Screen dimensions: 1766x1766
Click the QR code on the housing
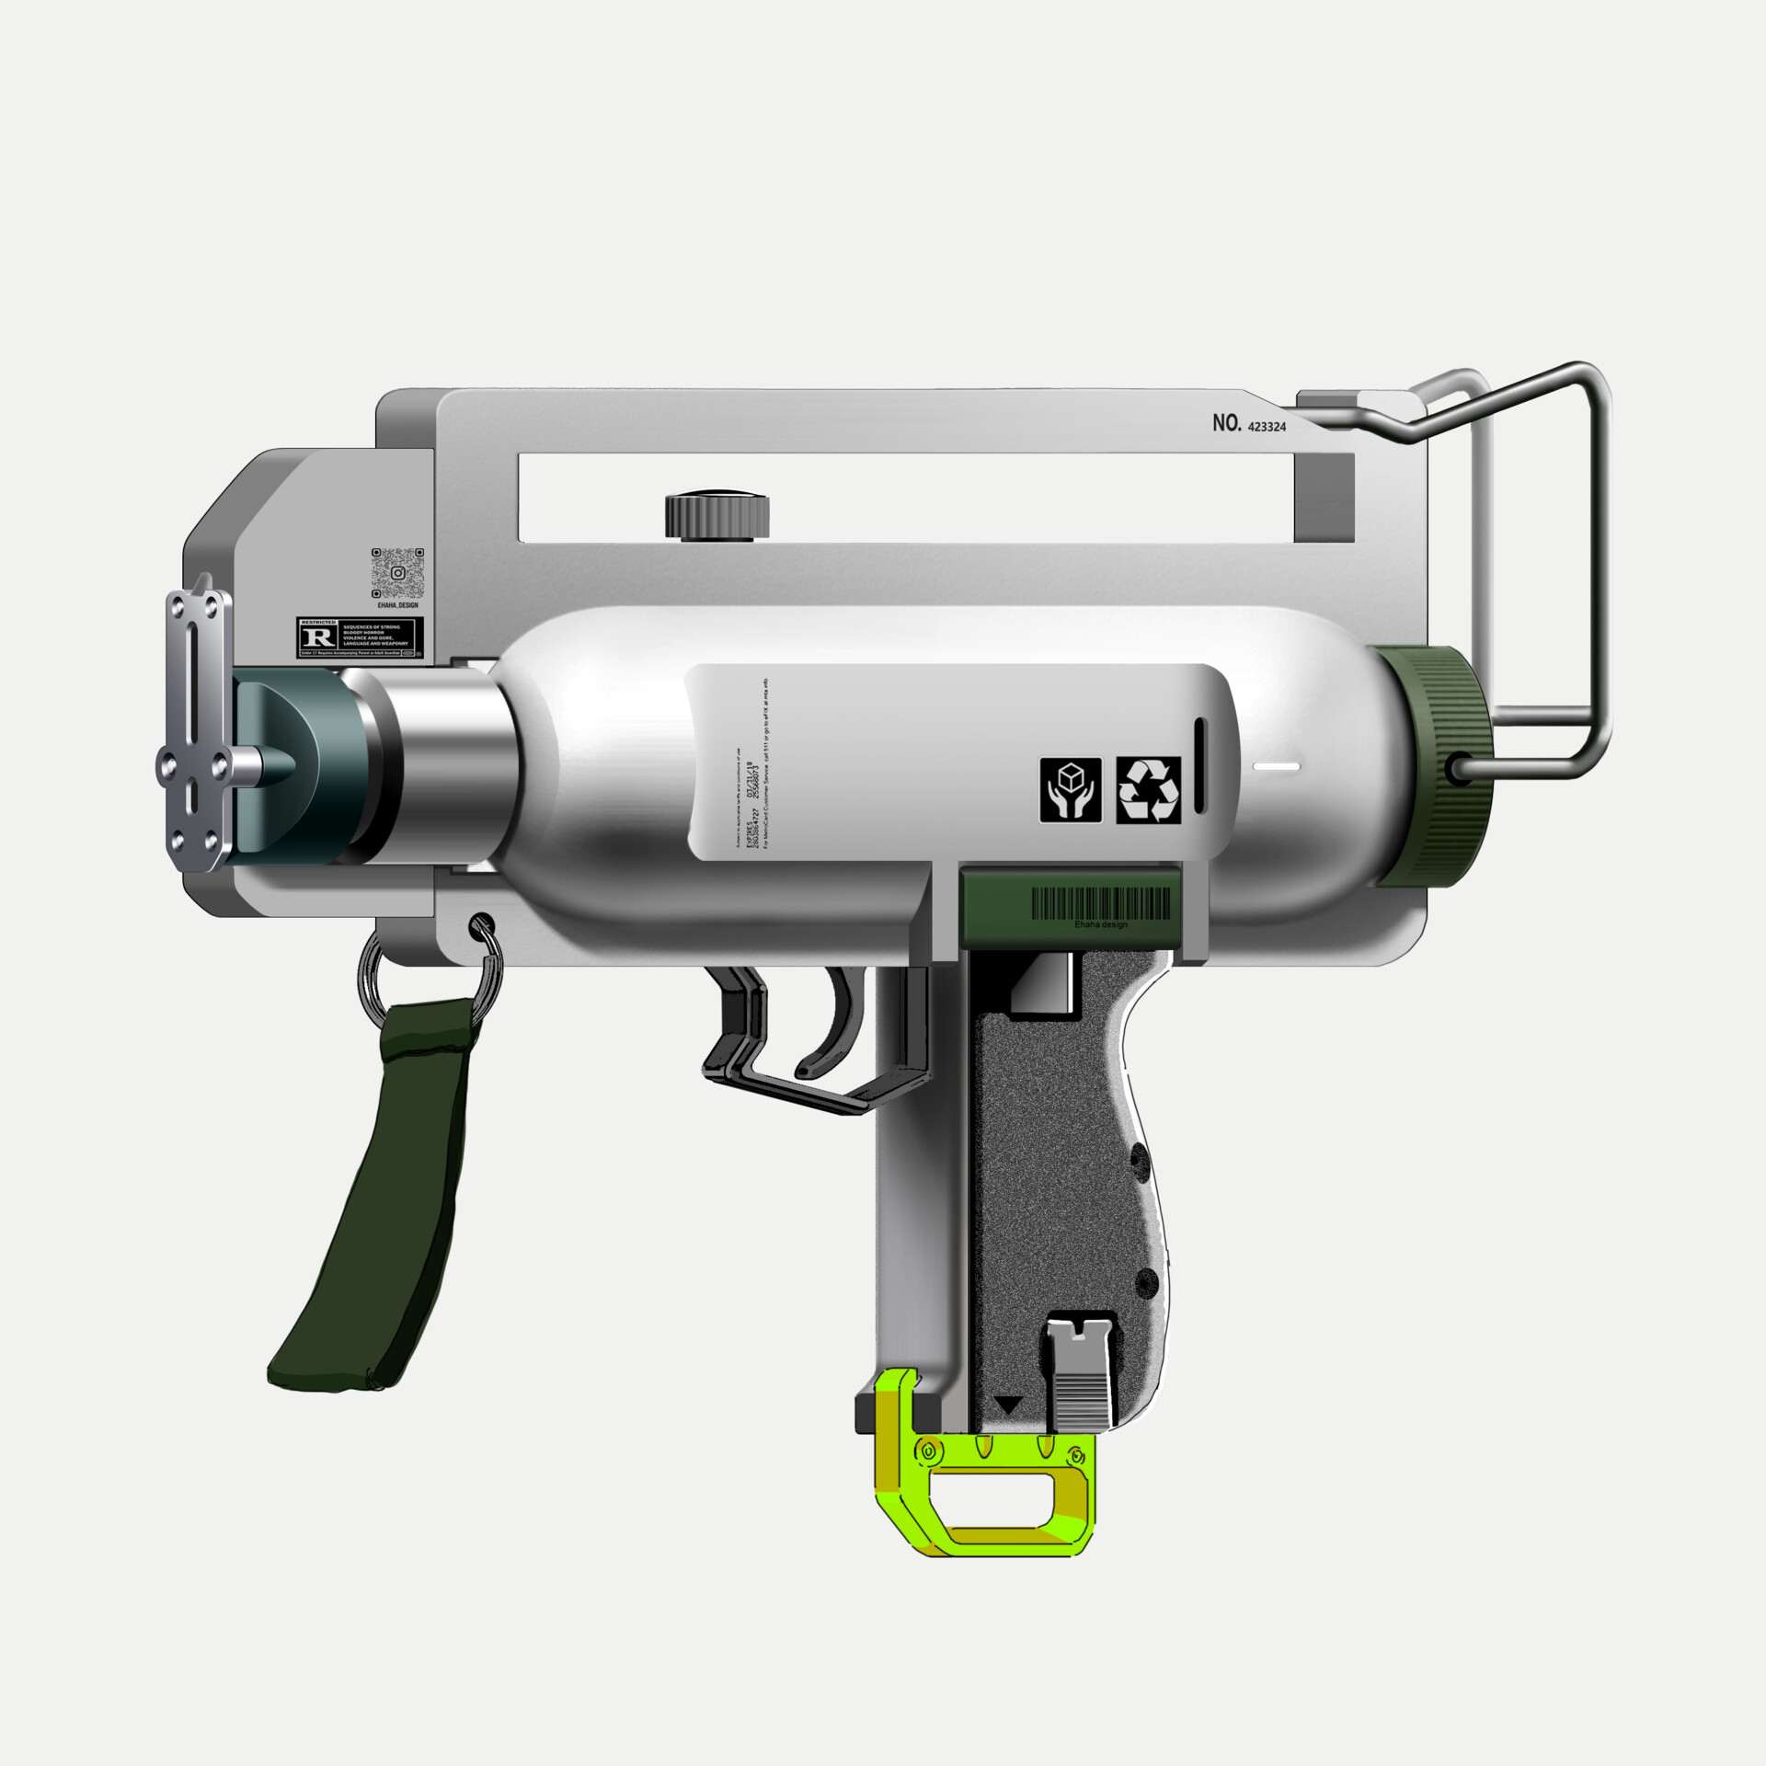[397, 573]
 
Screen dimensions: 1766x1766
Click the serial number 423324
[1267, 427]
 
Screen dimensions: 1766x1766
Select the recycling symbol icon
[1148, 789]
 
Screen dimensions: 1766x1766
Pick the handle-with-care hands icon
[1072, 789]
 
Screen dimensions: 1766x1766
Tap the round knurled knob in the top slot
[717, 517]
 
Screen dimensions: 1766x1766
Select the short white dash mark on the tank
[1277, 766]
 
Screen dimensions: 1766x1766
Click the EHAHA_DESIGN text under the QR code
[397, 606]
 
